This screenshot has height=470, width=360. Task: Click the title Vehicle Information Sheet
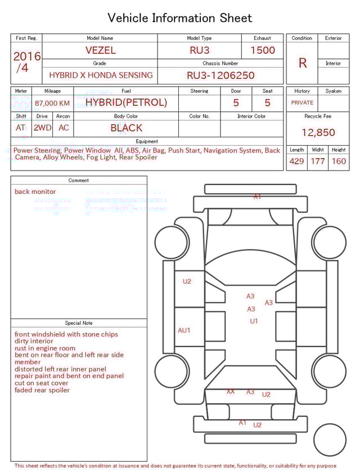point(180,18)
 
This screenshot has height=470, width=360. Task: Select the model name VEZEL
point(100,50)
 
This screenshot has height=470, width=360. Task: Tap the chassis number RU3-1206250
point(220,75)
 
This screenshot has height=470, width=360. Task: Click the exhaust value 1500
point(262,50)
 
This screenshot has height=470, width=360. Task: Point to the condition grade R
point(302,63)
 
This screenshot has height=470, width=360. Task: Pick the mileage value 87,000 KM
point(52,103)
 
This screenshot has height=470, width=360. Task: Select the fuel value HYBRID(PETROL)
point(126,102)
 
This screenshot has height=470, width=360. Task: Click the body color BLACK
point(126,128)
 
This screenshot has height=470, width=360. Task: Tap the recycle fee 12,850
point(318,132)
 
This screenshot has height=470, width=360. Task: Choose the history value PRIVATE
point(302,102)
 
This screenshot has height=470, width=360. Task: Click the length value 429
point(296,161)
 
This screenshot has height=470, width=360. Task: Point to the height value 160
point(339,161)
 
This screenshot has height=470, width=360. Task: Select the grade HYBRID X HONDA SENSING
point(100,75)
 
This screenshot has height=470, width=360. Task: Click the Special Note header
point(79,323)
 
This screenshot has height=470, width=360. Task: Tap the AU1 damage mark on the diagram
point(184,330)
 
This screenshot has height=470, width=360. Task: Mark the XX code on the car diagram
point(231,391)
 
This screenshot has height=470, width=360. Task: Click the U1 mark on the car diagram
point(254,321)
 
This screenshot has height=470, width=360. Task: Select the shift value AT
point(21,128)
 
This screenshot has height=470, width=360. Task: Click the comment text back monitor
point(35,191)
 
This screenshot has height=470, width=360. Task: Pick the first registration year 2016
point(26,56)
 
